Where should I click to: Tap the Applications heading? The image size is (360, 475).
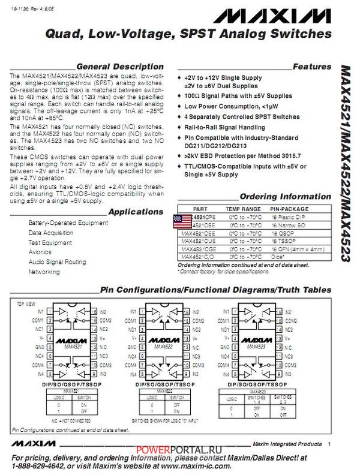136,212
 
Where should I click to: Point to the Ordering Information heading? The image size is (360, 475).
285,197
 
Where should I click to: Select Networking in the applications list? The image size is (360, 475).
44,272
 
